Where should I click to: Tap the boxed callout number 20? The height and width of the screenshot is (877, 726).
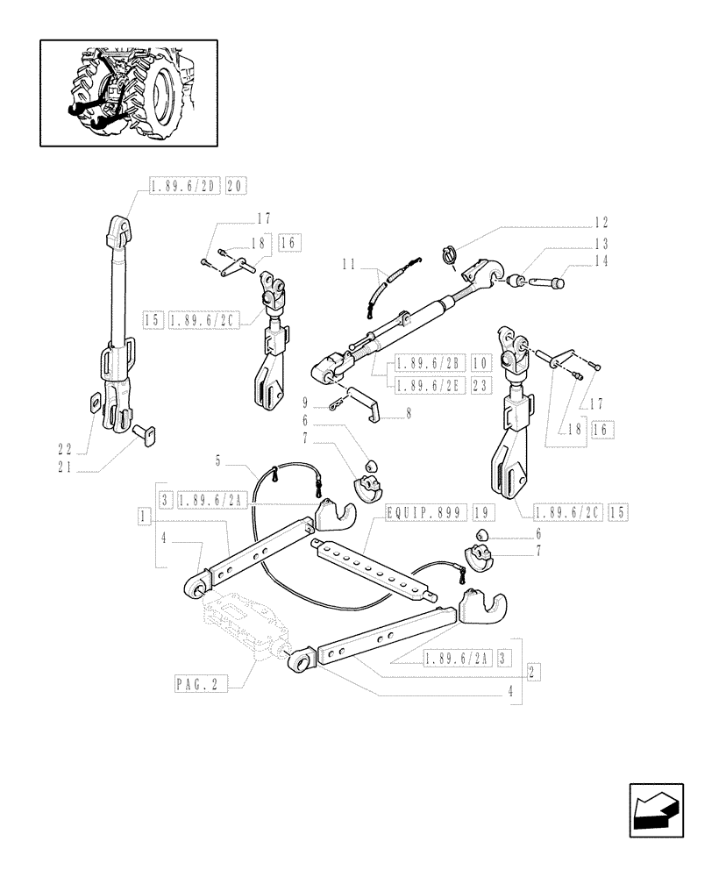point(237,186)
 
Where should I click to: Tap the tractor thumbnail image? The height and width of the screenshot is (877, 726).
point(128,93)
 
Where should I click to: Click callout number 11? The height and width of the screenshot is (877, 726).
point(349,263)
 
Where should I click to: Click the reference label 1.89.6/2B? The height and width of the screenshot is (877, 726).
point(431,363)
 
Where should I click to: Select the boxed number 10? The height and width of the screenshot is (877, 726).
point(482,363)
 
